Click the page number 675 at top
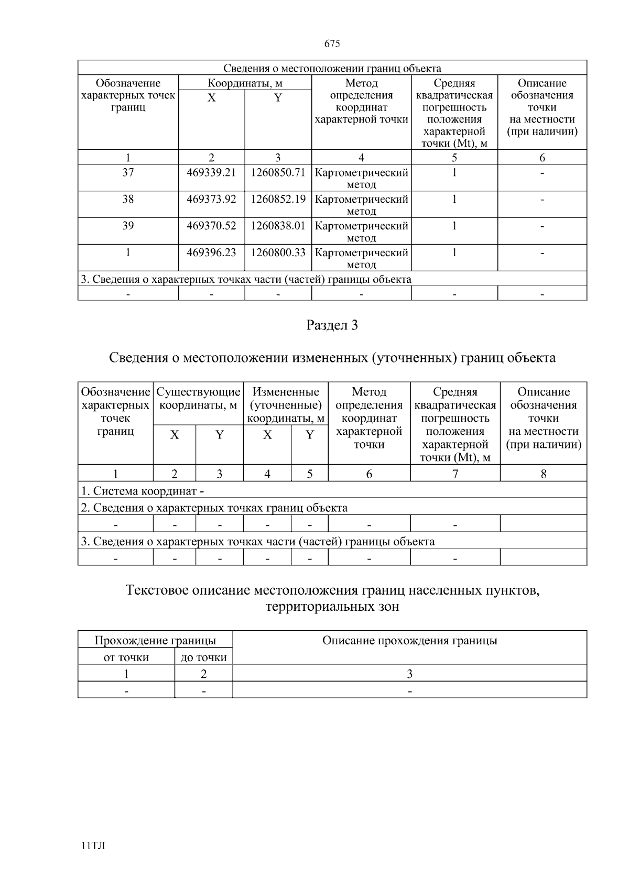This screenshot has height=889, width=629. [x=332, y=44]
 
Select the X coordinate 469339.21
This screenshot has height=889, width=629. [x=211, y=172]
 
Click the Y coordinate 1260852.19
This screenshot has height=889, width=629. [x=278, y=199]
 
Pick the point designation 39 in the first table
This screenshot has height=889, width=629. [x=128, y=226]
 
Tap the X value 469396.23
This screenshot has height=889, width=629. [x=211, y=253]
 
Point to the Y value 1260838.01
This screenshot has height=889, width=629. [x=278, y=226]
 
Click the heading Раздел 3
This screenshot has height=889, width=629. [x=332, y=325]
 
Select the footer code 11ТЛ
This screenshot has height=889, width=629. [x=93, y=846]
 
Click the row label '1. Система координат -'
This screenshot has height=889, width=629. [x=142, y=491]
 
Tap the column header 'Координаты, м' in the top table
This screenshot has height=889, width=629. [x=245, y=83]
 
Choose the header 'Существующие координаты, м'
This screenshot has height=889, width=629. [x=198, y=399]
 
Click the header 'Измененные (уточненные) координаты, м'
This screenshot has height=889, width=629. [x=286, y=405]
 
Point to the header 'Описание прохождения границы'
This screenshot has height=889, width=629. [x=409, y=641]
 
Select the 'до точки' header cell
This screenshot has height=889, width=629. [x=203, y=657]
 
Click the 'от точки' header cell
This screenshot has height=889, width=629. [x=126, y=657]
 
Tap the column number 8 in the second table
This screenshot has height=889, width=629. [x=543, y=474]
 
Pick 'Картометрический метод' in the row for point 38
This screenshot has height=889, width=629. [x=361, y=205]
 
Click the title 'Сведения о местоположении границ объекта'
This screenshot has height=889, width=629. [x=332, y=69]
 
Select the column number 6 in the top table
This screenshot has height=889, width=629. [x=542, y=158]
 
